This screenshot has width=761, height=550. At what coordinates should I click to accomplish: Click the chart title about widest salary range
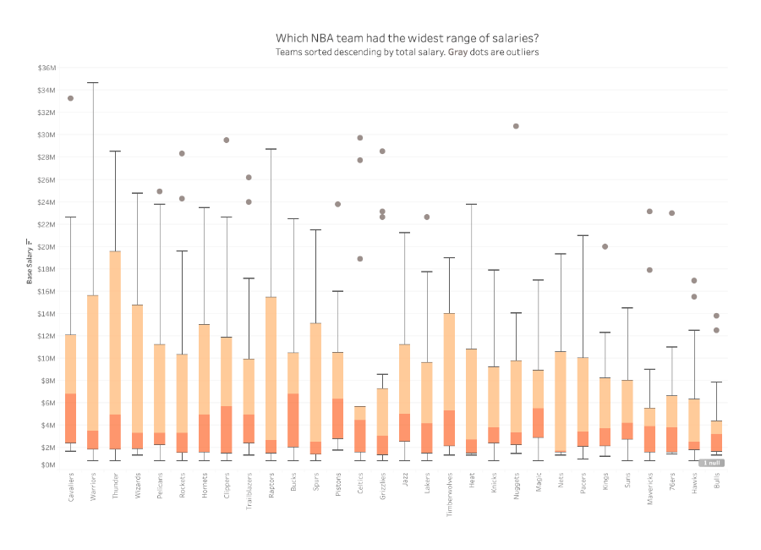coord(408,38)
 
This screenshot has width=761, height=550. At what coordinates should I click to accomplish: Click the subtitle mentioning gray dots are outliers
coord(408,52)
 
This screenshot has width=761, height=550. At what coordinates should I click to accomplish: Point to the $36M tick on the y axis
coord(46,68)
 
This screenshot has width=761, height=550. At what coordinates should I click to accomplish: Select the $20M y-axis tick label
coord(46,247)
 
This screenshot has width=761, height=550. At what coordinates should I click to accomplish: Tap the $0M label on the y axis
coord(47,465)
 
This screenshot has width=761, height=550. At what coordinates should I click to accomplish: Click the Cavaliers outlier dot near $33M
coord(71,98)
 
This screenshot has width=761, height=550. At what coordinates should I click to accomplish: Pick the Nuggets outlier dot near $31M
coord(516,126)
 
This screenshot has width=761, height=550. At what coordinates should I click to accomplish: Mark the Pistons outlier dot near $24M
coord(337,204)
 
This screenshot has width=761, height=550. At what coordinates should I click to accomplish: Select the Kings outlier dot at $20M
coord(605,246)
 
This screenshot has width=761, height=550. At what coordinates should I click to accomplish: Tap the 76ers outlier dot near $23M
coord(671,213)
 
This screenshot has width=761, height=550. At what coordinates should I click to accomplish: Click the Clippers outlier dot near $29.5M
coord(227,140)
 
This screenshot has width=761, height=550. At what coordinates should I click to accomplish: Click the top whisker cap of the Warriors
coord(93,83)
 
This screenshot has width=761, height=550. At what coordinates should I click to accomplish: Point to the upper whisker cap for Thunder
coord(115,151)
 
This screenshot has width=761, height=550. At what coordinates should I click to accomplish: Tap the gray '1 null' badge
coord(714,463)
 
